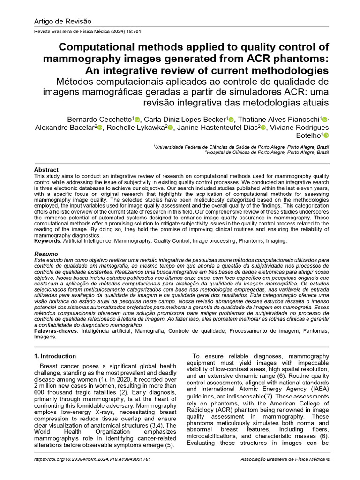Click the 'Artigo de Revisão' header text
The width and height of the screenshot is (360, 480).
pyautogui.click(x=63, y=21)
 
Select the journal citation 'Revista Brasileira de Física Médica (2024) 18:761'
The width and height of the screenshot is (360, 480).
pyautogui.click(x=85, y=32)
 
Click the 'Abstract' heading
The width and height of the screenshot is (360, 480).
pyautogui.click(x=46, y=170)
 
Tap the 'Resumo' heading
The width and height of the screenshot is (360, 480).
pyautogui.click(x=46, y=254)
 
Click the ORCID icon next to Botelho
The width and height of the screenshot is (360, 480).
pyautogui.click(x=326, y=135)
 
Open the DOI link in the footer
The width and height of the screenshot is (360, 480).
pyautogui.click(x=93, y=459)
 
